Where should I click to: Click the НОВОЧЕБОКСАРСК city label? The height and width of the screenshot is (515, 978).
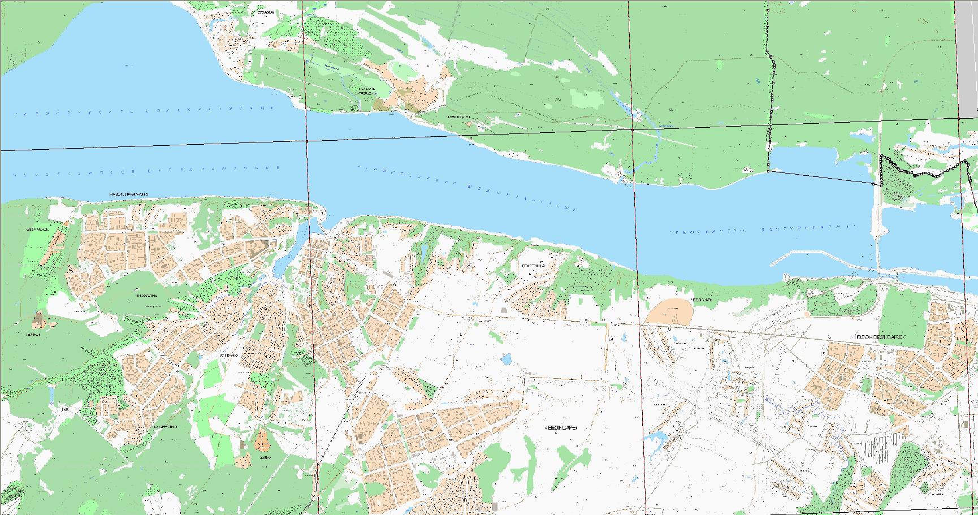879,337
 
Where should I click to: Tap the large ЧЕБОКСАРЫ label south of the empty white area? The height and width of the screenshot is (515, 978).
561,428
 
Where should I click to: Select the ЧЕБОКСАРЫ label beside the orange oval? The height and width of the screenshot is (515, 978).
702,300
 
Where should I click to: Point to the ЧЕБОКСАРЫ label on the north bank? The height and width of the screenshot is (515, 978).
457,117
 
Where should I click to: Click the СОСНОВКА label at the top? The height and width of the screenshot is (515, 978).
265,12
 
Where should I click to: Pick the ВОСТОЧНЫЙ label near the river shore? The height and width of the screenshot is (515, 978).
533,266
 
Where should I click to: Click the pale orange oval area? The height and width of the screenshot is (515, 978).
669,311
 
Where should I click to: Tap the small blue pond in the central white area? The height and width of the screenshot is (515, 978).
506,358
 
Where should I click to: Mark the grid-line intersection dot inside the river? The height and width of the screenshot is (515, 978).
307,141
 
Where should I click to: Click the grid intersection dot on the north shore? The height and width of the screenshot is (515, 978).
632,129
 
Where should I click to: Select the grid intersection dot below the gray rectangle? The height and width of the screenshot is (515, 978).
959,118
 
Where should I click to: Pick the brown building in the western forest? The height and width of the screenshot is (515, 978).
38,320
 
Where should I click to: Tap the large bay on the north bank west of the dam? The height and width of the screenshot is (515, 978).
814,161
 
